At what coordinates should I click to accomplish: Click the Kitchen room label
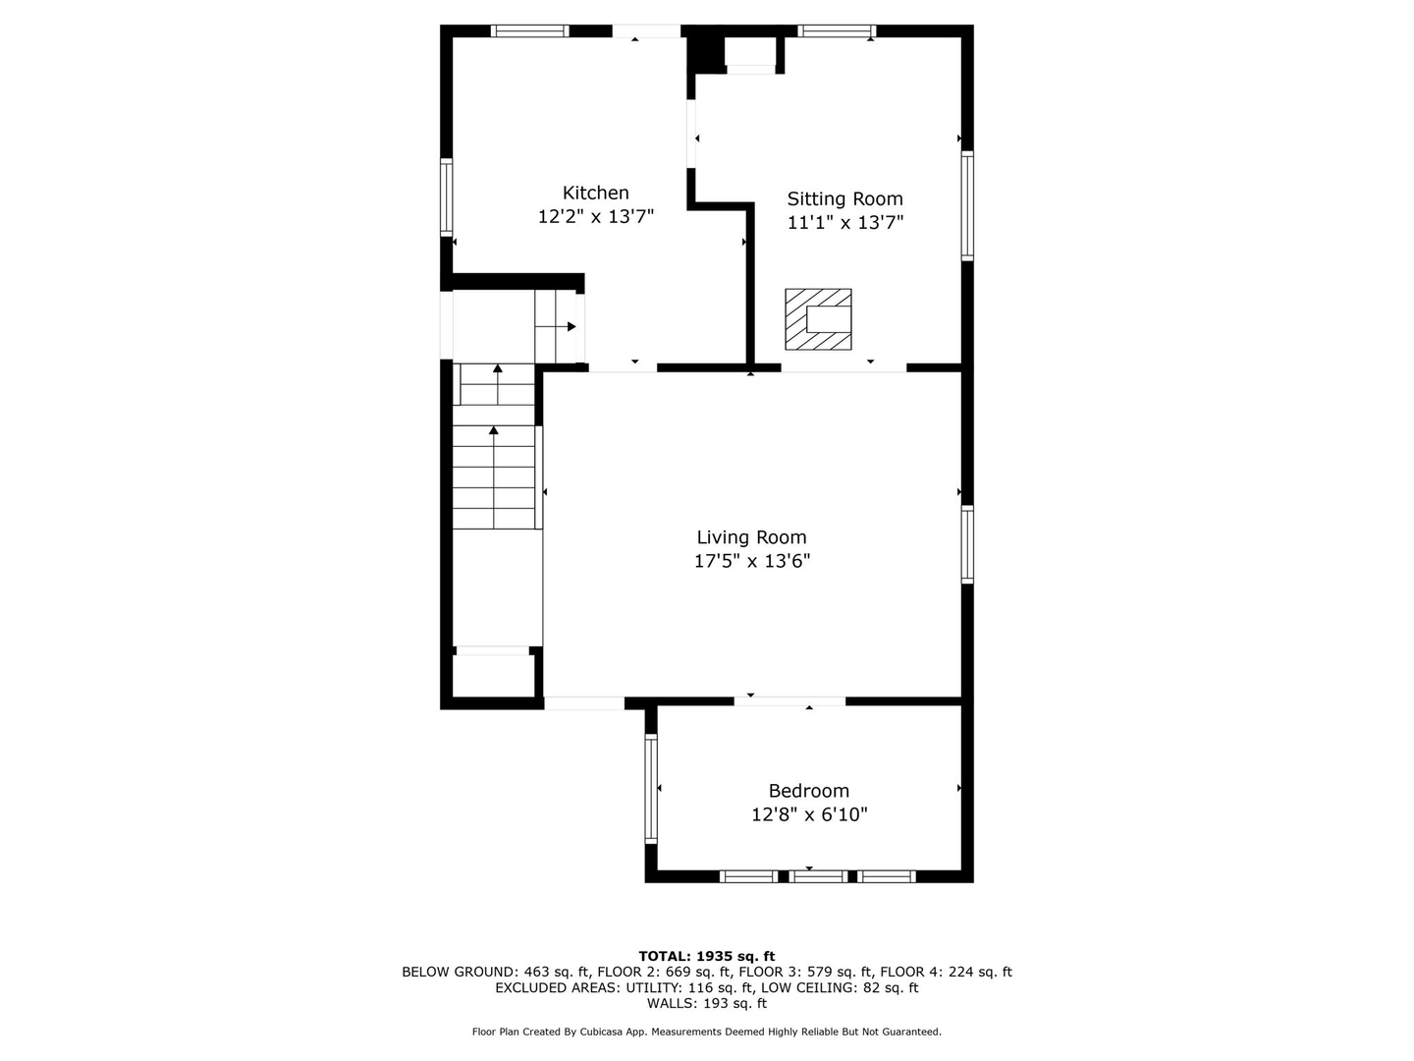click(x=595, y=193)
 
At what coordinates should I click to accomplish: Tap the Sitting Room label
click(x=844, y=198)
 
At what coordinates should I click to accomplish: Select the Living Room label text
click(x=751, y=537)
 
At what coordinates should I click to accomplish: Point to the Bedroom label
click(x=808, y=791)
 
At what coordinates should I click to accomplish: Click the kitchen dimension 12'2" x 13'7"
click(x=595, y=217)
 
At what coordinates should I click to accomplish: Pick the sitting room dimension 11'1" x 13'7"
click(x=844, y=223)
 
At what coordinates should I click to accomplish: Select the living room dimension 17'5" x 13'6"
click(x=751, y=562)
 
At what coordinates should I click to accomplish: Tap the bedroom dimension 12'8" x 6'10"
click(x=808, y=815)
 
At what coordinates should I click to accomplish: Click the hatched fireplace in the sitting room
click(x=817, y=318)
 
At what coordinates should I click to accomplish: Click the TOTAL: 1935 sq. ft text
click(x=706, y=956)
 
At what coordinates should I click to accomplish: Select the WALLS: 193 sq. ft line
click(x=706, y=1003)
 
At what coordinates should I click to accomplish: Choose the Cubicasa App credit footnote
click(x=706, y=1032)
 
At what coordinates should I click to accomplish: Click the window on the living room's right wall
click(x=967, y=544)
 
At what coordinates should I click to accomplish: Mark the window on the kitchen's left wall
click(x=446, y=196)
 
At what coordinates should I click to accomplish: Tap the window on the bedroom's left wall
click(x=650, y=789)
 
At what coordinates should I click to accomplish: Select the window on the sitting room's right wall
click(x=967, y=205)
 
